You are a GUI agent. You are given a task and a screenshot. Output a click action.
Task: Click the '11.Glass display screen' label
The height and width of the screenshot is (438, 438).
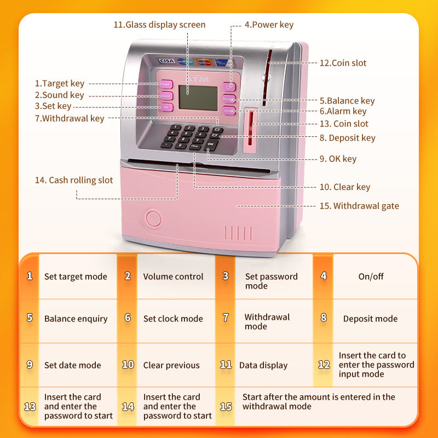tap(159, 25)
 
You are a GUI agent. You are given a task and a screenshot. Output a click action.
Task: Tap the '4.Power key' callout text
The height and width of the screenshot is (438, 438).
tap(269, 25)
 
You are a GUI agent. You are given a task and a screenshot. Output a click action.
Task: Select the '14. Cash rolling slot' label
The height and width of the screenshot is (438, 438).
tap(81, 180)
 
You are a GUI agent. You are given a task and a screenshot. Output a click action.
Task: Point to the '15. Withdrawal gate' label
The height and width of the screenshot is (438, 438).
tap(359, 206)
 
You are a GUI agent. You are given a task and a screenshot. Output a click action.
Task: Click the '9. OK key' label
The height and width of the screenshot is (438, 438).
tap(338, 159)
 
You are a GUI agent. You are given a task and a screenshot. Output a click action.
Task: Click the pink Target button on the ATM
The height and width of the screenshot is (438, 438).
tap(165, 84)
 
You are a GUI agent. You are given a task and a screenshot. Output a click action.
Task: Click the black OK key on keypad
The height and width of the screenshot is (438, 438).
tap(211, 144)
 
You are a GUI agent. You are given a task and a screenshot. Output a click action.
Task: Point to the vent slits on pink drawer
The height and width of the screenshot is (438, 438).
tap(239, 233)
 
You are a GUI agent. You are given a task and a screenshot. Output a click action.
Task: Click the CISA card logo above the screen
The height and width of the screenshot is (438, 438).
tap(166, 61)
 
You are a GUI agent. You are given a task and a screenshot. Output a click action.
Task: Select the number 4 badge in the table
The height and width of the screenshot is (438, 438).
tap(324, 276)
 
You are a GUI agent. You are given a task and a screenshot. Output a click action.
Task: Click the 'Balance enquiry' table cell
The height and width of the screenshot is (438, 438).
tap(76, 319)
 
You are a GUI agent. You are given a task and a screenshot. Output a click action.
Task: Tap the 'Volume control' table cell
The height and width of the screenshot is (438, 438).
tap(173, 276)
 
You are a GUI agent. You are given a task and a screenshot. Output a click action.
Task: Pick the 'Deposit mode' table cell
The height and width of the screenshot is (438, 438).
tap(370, 319)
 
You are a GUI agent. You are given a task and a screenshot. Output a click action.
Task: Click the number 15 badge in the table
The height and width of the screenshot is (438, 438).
tap(226, 406)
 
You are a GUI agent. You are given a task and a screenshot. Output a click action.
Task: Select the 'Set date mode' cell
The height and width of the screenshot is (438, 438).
tap(73, 365)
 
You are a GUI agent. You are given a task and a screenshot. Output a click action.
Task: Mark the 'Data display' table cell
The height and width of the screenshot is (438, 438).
tap(263, 365)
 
